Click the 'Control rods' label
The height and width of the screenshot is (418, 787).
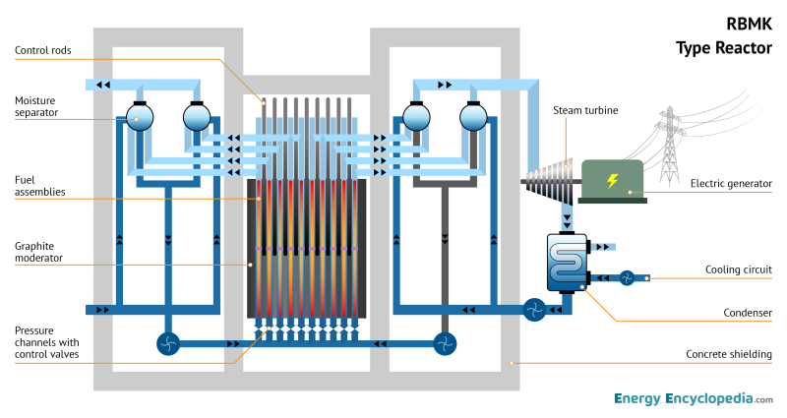point(43,50)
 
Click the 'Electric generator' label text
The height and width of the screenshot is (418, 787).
point(731,183)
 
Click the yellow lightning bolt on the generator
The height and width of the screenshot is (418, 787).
point(612,181)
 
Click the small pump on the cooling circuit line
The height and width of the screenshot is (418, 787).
point(627,277)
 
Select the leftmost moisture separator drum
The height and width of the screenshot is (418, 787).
point(137,118)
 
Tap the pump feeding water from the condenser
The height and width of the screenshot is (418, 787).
point(534,309)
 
